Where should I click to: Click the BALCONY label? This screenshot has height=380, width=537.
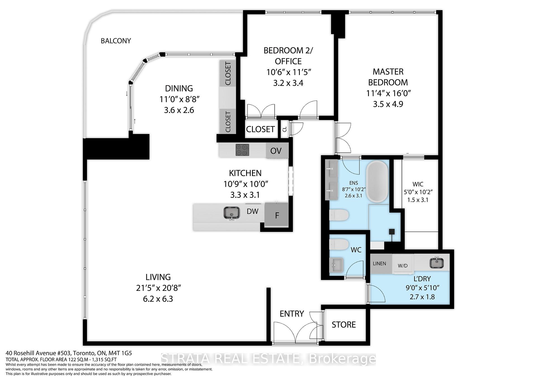tap(116, 41)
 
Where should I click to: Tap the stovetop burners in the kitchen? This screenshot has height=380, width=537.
tap(242, 150)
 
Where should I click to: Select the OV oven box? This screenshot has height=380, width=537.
tap(276, 151)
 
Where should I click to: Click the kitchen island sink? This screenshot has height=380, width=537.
tap(232, 213)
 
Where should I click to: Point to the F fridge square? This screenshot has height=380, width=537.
tap(277, 215)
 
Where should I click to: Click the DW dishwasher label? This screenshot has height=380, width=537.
tap(252, 211)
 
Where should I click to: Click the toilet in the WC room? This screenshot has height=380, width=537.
tap(339, 245)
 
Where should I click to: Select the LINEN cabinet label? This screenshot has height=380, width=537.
tap(380, 264)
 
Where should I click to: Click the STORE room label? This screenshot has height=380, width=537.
tap(344, 325)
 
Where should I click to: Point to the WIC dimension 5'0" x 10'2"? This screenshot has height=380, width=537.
tap(418, 192)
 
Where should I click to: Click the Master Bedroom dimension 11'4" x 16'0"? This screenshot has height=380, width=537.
tap(388, 93)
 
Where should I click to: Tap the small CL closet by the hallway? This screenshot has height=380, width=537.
tap(284, 129)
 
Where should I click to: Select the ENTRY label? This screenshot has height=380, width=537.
tap(292, 314)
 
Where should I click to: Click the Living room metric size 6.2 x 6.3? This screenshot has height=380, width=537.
tap(158, 299)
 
